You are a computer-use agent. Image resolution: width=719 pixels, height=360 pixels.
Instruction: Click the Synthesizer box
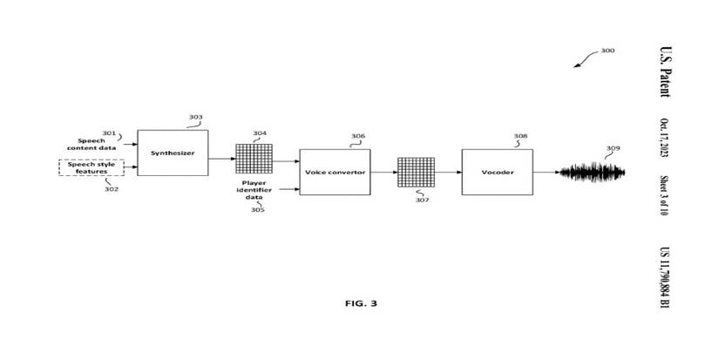173,153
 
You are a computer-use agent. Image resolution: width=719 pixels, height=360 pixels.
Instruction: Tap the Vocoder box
497,172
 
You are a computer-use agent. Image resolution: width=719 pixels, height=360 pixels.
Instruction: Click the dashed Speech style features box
91,166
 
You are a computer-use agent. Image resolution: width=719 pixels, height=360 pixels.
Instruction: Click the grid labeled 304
254,159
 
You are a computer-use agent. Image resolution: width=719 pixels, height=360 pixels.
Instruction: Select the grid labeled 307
415,173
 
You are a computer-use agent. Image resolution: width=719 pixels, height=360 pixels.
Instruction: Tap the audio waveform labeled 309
594,172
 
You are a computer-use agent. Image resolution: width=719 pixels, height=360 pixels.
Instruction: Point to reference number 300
607,51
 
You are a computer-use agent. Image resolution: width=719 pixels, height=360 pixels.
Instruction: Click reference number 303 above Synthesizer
195,117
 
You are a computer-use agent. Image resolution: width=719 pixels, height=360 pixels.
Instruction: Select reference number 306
358,136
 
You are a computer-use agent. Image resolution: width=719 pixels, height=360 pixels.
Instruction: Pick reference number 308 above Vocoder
520,136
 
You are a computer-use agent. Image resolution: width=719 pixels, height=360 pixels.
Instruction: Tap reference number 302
112,188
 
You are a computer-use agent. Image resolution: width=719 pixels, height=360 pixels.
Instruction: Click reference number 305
258,210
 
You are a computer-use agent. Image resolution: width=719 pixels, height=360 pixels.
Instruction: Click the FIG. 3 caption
362,303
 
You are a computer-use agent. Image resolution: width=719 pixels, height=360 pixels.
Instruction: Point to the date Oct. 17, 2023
664,139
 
